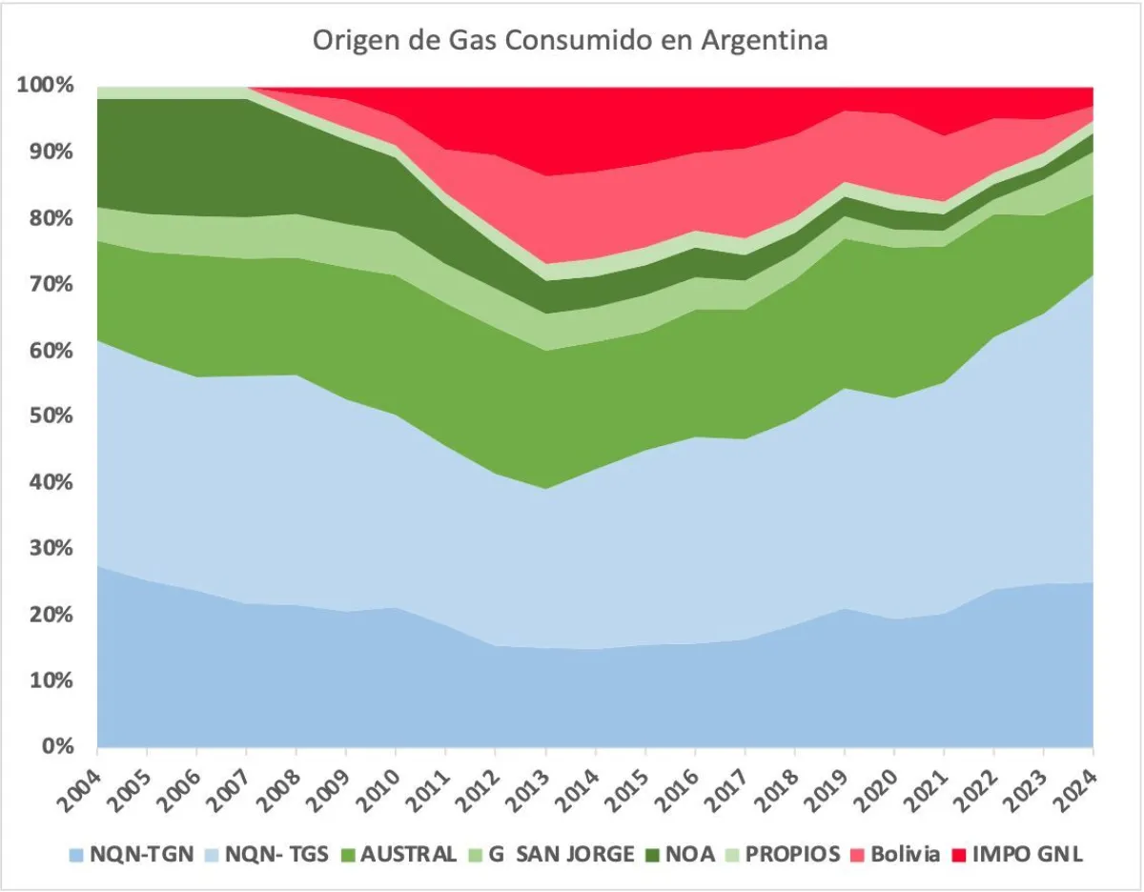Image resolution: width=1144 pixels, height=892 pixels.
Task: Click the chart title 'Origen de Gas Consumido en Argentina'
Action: point(570,41)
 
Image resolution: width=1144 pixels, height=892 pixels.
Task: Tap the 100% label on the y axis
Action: point(45,86)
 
